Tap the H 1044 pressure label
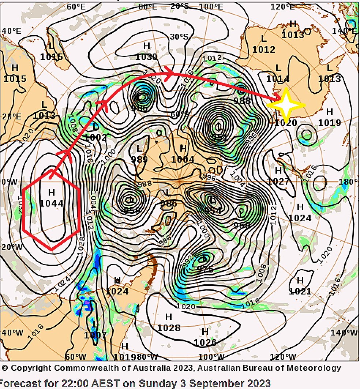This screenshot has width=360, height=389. pos(52,198)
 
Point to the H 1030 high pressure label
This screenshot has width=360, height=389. pos(146,51)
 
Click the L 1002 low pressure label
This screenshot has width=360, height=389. pos(95,132)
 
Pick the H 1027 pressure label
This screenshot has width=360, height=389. pos(278,176)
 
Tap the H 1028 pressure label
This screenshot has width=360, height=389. pos(169,322)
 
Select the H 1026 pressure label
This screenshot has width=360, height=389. pos(205,337)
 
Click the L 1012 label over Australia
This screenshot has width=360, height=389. pos(264,44)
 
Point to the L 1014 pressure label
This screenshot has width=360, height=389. pos(278,73)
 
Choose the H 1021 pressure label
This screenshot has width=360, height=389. pos(300,286)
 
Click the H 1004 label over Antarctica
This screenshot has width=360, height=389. pos(183,154)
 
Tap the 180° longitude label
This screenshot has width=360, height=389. pos(351,182)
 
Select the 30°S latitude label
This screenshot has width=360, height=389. pos(179,37)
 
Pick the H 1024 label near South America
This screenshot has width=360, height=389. pos(117,286)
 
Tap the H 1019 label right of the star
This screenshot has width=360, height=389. pos(329,117)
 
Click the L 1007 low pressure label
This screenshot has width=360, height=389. pos(95,330)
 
